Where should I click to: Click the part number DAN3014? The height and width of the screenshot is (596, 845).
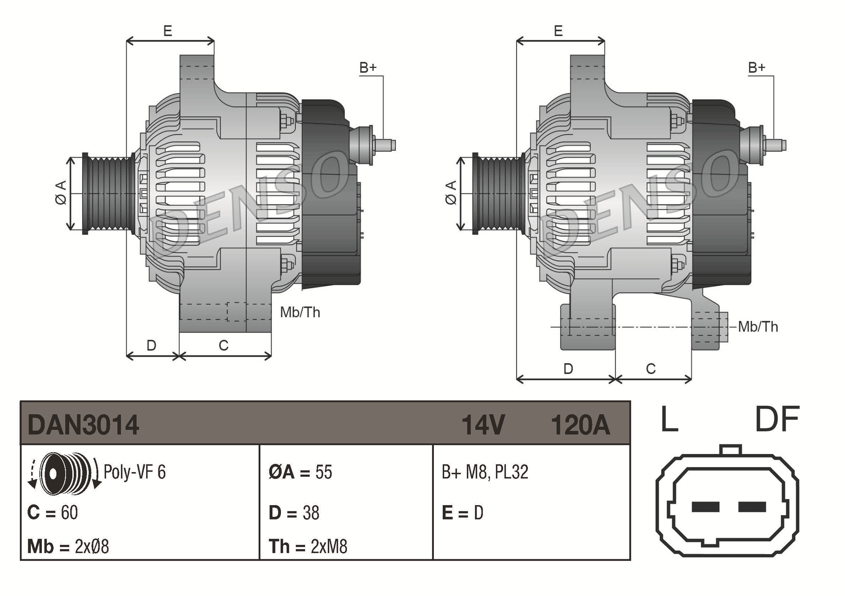coord(83,425)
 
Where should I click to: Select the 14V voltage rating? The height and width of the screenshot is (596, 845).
coord(483,425)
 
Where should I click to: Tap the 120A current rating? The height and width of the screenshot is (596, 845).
coord(580,425)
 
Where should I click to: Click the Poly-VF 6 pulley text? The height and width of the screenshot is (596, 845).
coord(134,472)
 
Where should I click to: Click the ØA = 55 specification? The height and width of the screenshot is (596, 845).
coord(300,472)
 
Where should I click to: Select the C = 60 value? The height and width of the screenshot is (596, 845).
coord(52,513)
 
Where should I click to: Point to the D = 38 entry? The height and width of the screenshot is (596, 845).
coord(294,513)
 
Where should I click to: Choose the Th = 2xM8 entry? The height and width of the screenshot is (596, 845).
coord(308,547)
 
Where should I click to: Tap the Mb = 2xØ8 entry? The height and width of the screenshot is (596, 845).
coord(68,547)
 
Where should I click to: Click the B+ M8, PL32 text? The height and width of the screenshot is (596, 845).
coord(485,472)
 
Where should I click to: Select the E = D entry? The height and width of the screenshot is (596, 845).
coord(462,513)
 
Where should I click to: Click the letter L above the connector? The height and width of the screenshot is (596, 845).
coord(669,419)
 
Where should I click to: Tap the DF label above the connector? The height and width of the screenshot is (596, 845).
coord(777,419)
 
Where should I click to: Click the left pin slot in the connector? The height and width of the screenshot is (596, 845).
coord(705,506)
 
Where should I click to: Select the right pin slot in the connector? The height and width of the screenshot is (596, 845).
coord(752,506)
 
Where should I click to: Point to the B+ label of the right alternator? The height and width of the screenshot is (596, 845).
coord(757,68)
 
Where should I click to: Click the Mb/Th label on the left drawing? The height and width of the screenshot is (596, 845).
coord(300,312)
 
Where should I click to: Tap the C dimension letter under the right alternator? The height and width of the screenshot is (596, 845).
coord(651,369)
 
